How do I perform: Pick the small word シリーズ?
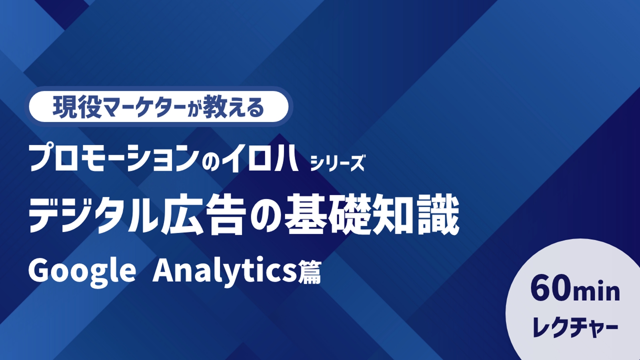(338, 162)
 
